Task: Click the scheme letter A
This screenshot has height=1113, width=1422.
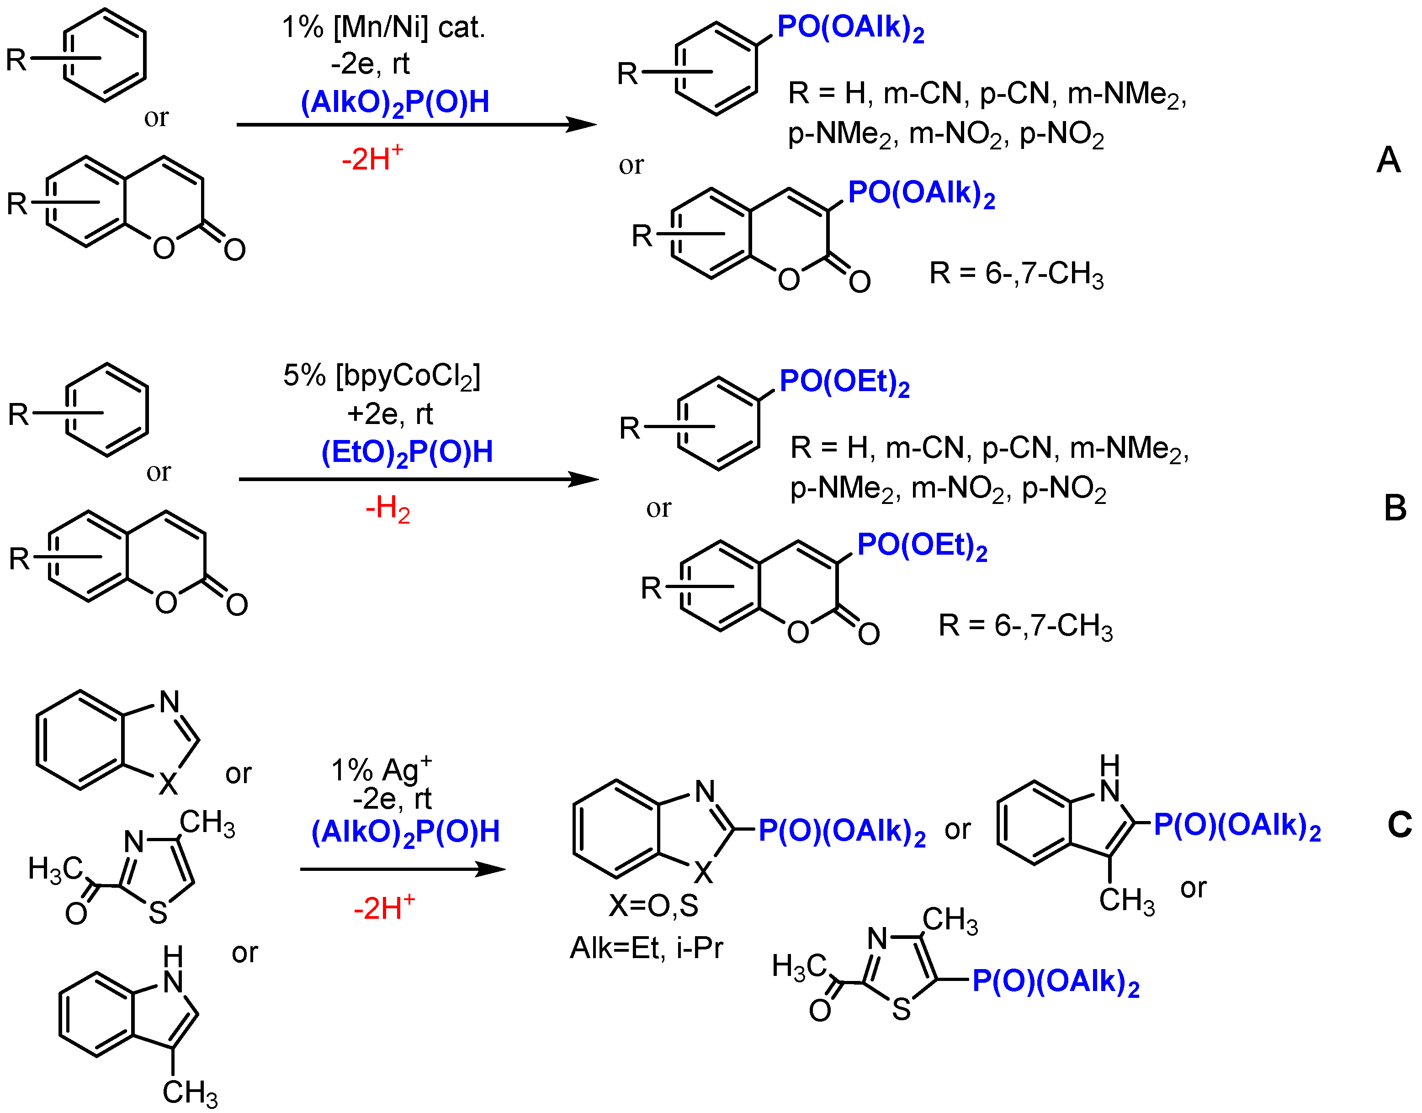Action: coord(1388,159)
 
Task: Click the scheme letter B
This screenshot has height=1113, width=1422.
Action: coord(1395,508)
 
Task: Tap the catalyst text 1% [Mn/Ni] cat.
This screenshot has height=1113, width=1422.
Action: coord(383,28)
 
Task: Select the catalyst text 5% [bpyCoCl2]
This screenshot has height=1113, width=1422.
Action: coord(382,376)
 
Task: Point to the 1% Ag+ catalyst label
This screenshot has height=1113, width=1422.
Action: coord(381,769)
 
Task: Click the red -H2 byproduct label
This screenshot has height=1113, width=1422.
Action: coord(388,508)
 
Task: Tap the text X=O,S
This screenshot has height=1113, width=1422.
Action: coord(653,906)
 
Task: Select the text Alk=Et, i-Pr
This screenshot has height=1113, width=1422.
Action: coord(647,948)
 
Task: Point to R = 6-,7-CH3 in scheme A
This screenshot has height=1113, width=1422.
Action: coord(1017,274)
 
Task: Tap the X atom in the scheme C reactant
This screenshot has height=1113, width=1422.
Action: coord(168,784)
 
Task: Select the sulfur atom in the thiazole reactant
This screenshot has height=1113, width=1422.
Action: coord(158,912)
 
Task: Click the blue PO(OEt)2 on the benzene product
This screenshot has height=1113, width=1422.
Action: coord(844,382)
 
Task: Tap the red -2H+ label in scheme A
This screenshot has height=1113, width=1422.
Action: coord(372,159)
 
